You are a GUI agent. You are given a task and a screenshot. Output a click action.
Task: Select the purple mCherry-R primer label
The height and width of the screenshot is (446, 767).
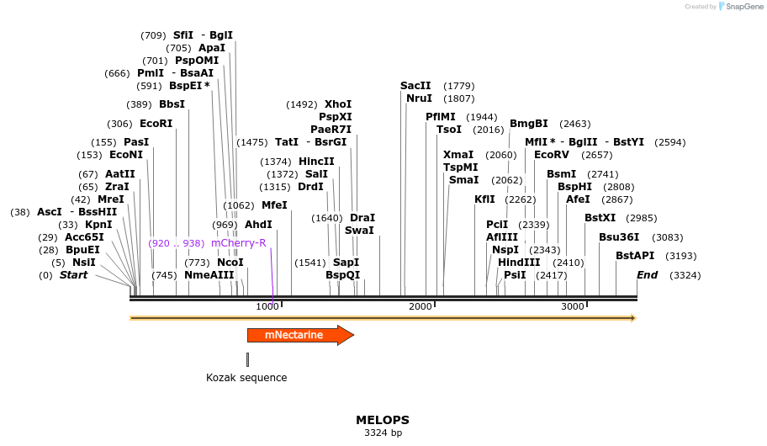coord(238,243)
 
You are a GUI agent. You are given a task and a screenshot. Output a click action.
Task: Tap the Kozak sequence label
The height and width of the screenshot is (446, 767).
coord(246,378)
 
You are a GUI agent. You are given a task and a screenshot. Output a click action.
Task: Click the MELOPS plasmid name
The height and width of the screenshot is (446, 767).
coord(383,419)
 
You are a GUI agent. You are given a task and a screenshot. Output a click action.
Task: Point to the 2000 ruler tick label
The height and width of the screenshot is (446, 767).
coord(420,306)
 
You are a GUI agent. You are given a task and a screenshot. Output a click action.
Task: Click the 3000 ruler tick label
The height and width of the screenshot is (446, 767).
coord(573,306)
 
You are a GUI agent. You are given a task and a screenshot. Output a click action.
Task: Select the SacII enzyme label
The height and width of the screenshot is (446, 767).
coord(415,86)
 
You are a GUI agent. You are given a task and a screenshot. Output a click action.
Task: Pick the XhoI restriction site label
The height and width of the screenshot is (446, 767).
coord(338,104)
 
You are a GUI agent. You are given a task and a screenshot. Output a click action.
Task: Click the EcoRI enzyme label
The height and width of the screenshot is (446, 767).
coord(156,124)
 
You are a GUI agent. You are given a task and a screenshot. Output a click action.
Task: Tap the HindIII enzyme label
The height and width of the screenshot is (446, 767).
coord(519,263)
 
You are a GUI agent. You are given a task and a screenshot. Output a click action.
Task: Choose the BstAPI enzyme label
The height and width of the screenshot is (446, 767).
coord(634,256)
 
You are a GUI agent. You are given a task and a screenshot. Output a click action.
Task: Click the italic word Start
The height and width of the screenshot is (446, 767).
coord(73,275)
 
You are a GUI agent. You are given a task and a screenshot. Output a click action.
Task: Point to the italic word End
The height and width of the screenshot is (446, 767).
coord(647,275)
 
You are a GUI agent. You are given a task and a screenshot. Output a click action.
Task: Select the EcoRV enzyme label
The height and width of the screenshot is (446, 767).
coord(551,155)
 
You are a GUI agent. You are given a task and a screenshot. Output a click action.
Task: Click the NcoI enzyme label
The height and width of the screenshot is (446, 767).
coord(230,263)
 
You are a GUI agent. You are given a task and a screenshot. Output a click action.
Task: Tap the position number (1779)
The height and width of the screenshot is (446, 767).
coord(459,86)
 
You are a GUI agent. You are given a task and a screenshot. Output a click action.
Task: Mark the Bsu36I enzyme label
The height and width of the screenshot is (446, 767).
coord(619,237)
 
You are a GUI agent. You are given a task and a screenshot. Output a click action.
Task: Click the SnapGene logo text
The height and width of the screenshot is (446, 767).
coord(740,7)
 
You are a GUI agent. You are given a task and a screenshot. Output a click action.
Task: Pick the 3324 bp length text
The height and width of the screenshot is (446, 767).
coord(383,433)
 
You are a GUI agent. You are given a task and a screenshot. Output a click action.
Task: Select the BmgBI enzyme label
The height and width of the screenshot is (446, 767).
coord(528,124)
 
